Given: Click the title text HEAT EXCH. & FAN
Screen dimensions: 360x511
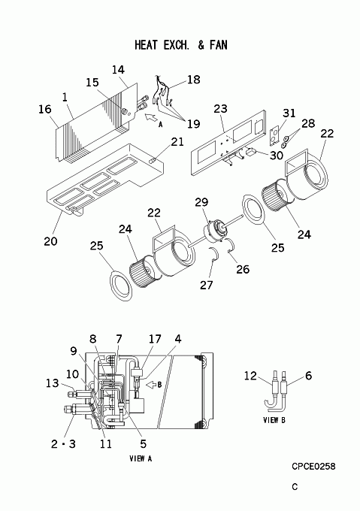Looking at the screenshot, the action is pos(181,45).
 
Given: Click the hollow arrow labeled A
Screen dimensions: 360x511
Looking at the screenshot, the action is pos(150,118).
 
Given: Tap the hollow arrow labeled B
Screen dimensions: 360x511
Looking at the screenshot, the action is pos(150,385).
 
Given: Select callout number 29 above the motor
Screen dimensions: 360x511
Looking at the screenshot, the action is pos(201,202).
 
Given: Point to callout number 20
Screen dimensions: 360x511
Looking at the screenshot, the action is pos(50,241).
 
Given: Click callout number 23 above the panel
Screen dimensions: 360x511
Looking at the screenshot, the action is pos(220,108).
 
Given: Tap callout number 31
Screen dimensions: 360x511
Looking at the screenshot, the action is pos(289,113).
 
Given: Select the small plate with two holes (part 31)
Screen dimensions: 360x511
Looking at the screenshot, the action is pos(275,135).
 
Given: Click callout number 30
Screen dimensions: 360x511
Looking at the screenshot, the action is pos(277,156).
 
